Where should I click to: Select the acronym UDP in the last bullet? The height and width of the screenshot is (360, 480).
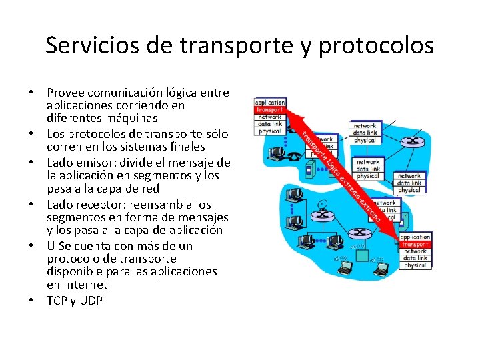pyautogui.click(x=90, y=301)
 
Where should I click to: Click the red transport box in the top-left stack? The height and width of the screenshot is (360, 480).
pyautogui.click(x=269, y=109)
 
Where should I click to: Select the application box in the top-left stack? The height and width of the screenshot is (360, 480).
pyautogui.click(x=269, y=103)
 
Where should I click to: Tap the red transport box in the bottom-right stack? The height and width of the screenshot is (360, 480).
pyautogui.click(x=415, y=244)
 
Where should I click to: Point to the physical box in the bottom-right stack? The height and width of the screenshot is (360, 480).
pyautogui.click(x=415, y=265)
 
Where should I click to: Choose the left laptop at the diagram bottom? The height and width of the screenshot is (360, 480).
pyautogui.click(x=345, y=269)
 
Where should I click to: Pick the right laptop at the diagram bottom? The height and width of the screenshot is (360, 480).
pyautogui.click(x=381, y=269)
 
